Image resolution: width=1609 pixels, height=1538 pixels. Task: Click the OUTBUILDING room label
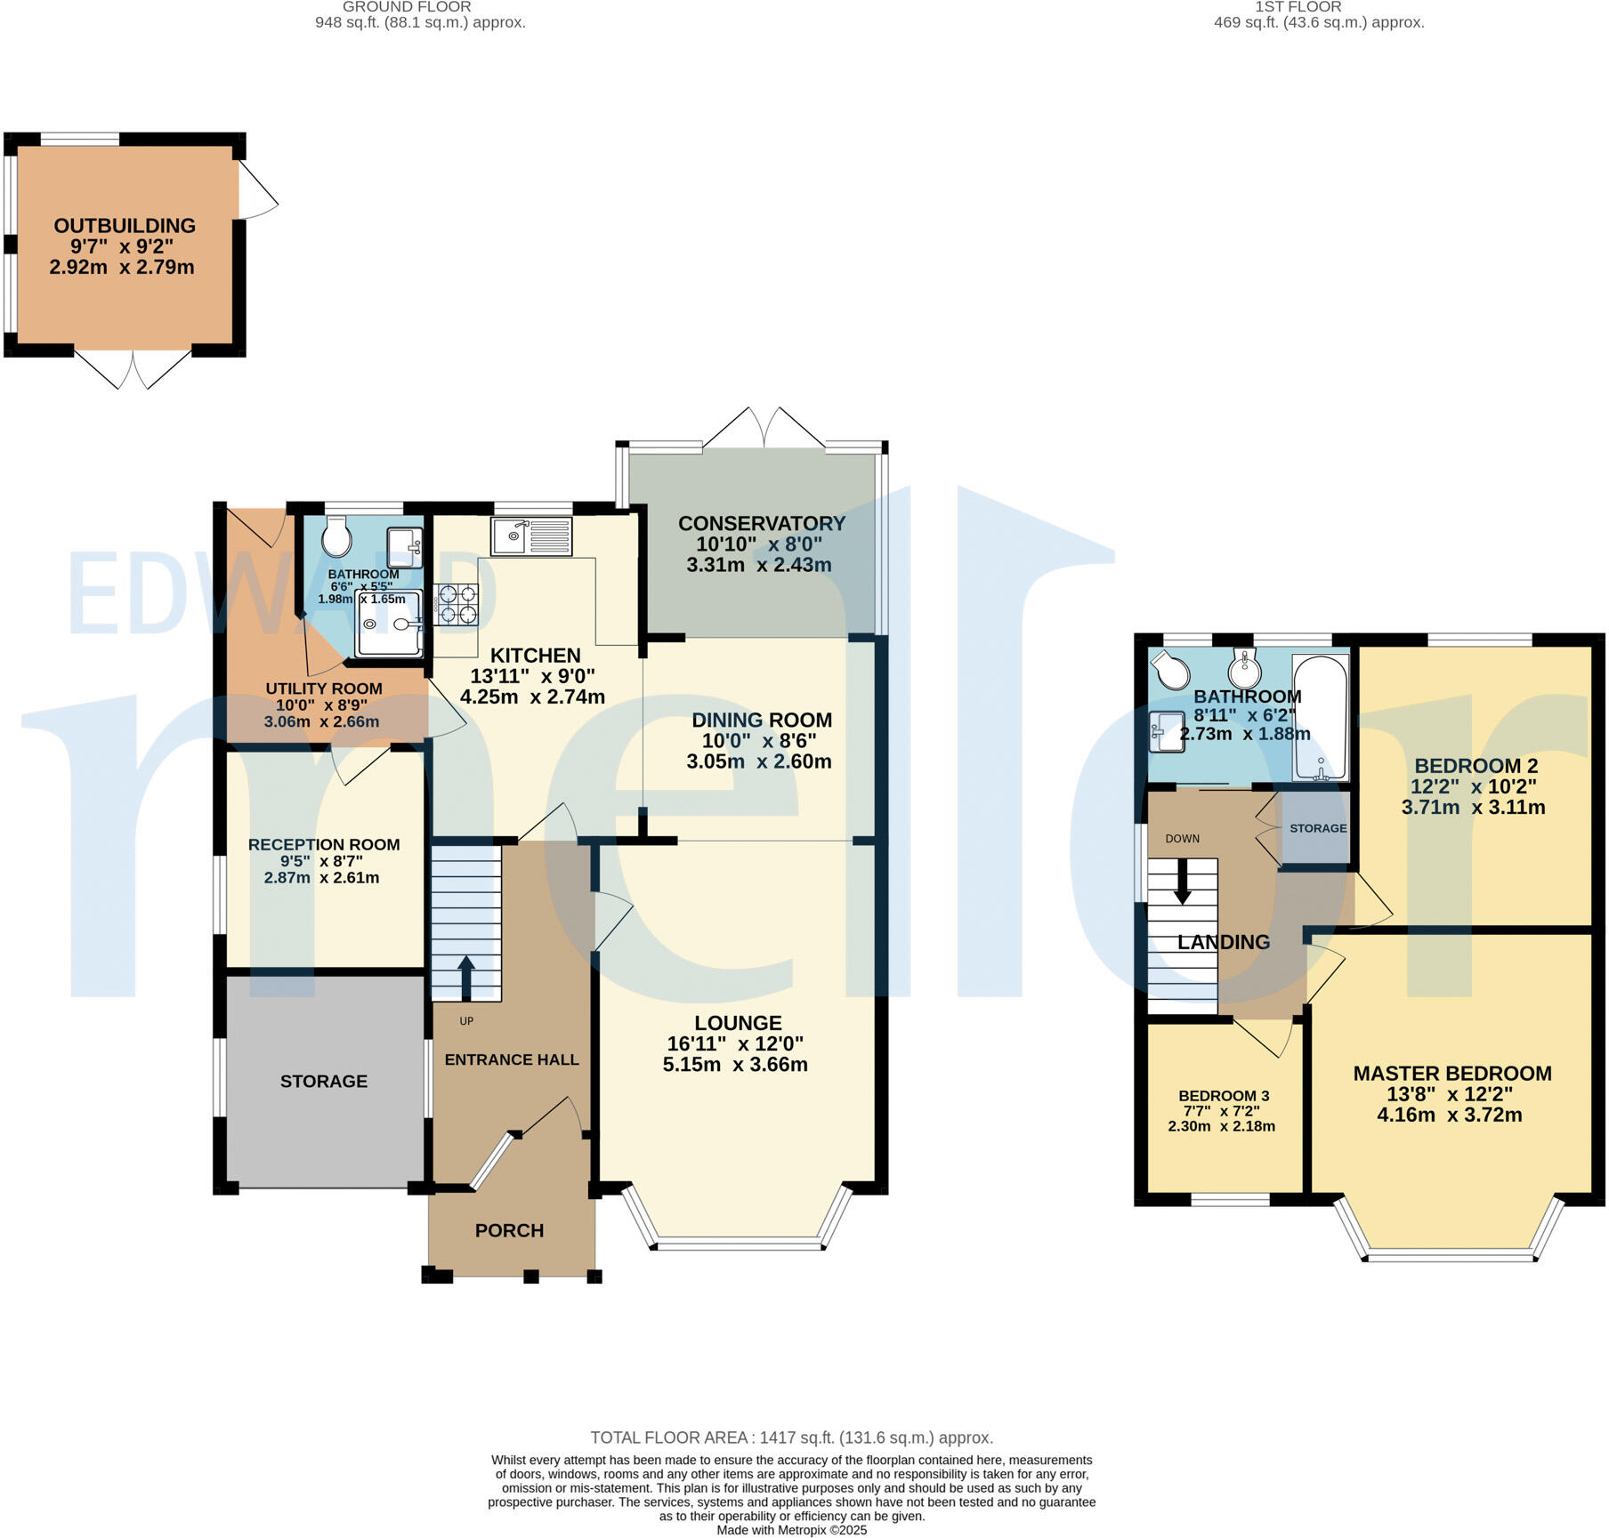[125, 226]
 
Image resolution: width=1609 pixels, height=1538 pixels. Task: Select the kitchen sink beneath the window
[530, 536]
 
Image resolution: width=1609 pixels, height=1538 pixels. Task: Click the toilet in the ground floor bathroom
[336, 536]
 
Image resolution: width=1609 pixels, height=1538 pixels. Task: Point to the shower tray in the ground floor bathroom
[390, 624]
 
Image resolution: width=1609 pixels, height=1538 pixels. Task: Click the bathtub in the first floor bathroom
[1321, 717]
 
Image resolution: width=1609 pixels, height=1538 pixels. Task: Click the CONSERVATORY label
[762, 524]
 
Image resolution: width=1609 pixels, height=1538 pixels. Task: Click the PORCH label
[509, 1230]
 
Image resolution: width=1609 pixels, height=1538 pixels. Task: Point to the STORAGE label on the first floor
[1318, 828]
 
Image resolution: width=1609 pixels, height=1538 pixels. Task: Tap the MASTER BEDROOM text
[1451, 1074]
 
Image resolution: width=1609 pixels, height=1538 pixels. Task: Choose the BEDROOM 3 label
[1224, 1096]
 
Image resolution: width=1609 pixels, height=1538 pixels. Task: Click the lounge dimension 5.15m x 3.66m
[735, 1065]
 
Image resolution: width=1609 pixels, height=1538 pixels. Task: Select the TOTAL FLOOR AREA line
[791, 1437]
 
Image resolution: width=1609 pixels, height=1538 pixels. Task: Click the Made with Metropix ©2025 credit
[791, 1530]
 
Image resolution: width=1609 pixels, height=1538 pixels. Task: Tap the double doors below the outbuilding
[133, 369]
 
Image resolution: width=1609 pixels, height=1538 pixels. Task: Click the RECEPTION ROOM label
[324, 845]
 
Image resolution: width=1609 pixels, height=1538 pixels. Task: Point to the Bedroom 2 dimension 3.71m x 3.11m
[1473, 808]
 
